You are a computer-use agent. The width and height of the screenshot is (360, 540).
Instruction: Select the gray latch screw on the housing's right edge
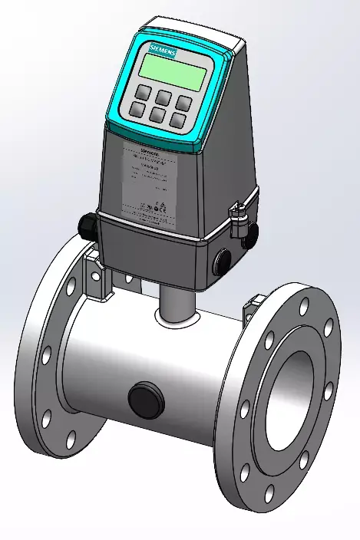pyautogui.click(x=240, y=209)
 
